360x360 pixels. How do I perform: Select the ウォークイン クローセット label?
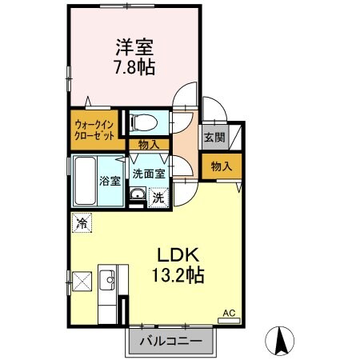tap(94, 129)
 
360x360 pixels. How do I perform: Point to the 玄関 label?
tap(214, 137)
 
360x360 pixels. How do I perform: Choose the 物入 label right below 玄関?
tap(221, 166)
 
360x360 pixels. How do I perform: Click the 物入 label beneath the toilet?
tap(149, 145)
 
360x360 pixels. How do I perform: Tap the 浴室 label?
tap(110, 181)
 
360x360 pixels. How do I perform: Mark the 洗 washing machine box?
tap(159, 197)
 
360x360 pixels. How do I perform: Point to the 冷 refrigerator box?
tap(82, 223)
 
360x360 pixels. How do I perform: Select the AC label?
tap(228, 313)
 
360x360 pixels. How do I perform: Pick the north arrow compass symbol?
tap(282, 342)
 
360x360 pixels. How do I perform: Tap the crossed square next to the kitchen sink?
tap(81, 282)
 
